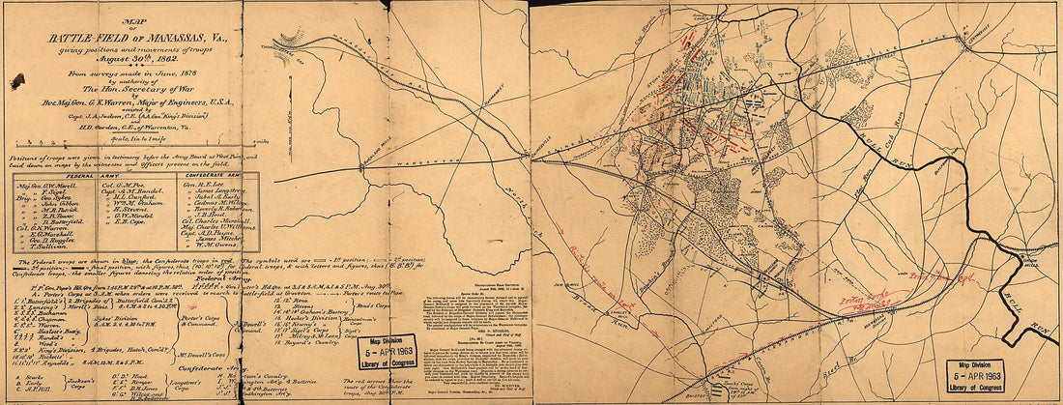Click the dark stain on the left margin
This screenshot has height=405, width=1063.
16,82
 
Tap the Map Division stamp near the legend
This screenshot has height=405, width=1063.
387,352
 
